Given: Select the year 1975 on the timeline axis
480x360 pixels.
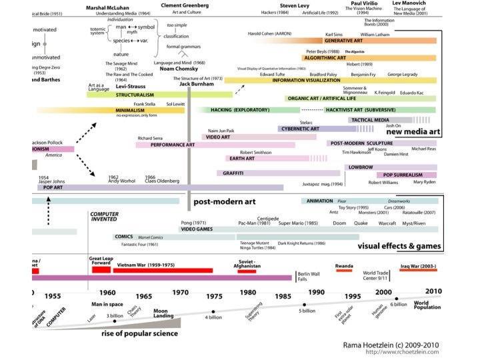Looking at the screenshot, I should pos(215,295).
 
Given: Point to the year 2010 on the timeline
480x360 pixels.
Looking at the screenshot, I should pos(433,291).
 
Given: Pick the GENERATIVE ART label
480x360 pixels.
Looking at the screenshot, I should pos(343,41).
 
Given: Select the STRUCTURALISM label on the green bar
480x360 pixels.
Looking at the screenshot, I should pos(117,95).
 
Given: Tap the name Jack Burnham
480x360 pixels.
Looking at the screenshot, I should pos(196,85).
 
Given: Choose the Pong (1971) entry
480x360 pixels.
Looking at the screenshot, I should pos(194,222).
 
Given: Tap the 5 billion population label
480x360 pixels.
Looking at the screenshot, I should pos(307,311).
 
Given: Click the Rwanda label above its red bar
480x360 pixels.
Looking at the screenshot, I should pos(344,265).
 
